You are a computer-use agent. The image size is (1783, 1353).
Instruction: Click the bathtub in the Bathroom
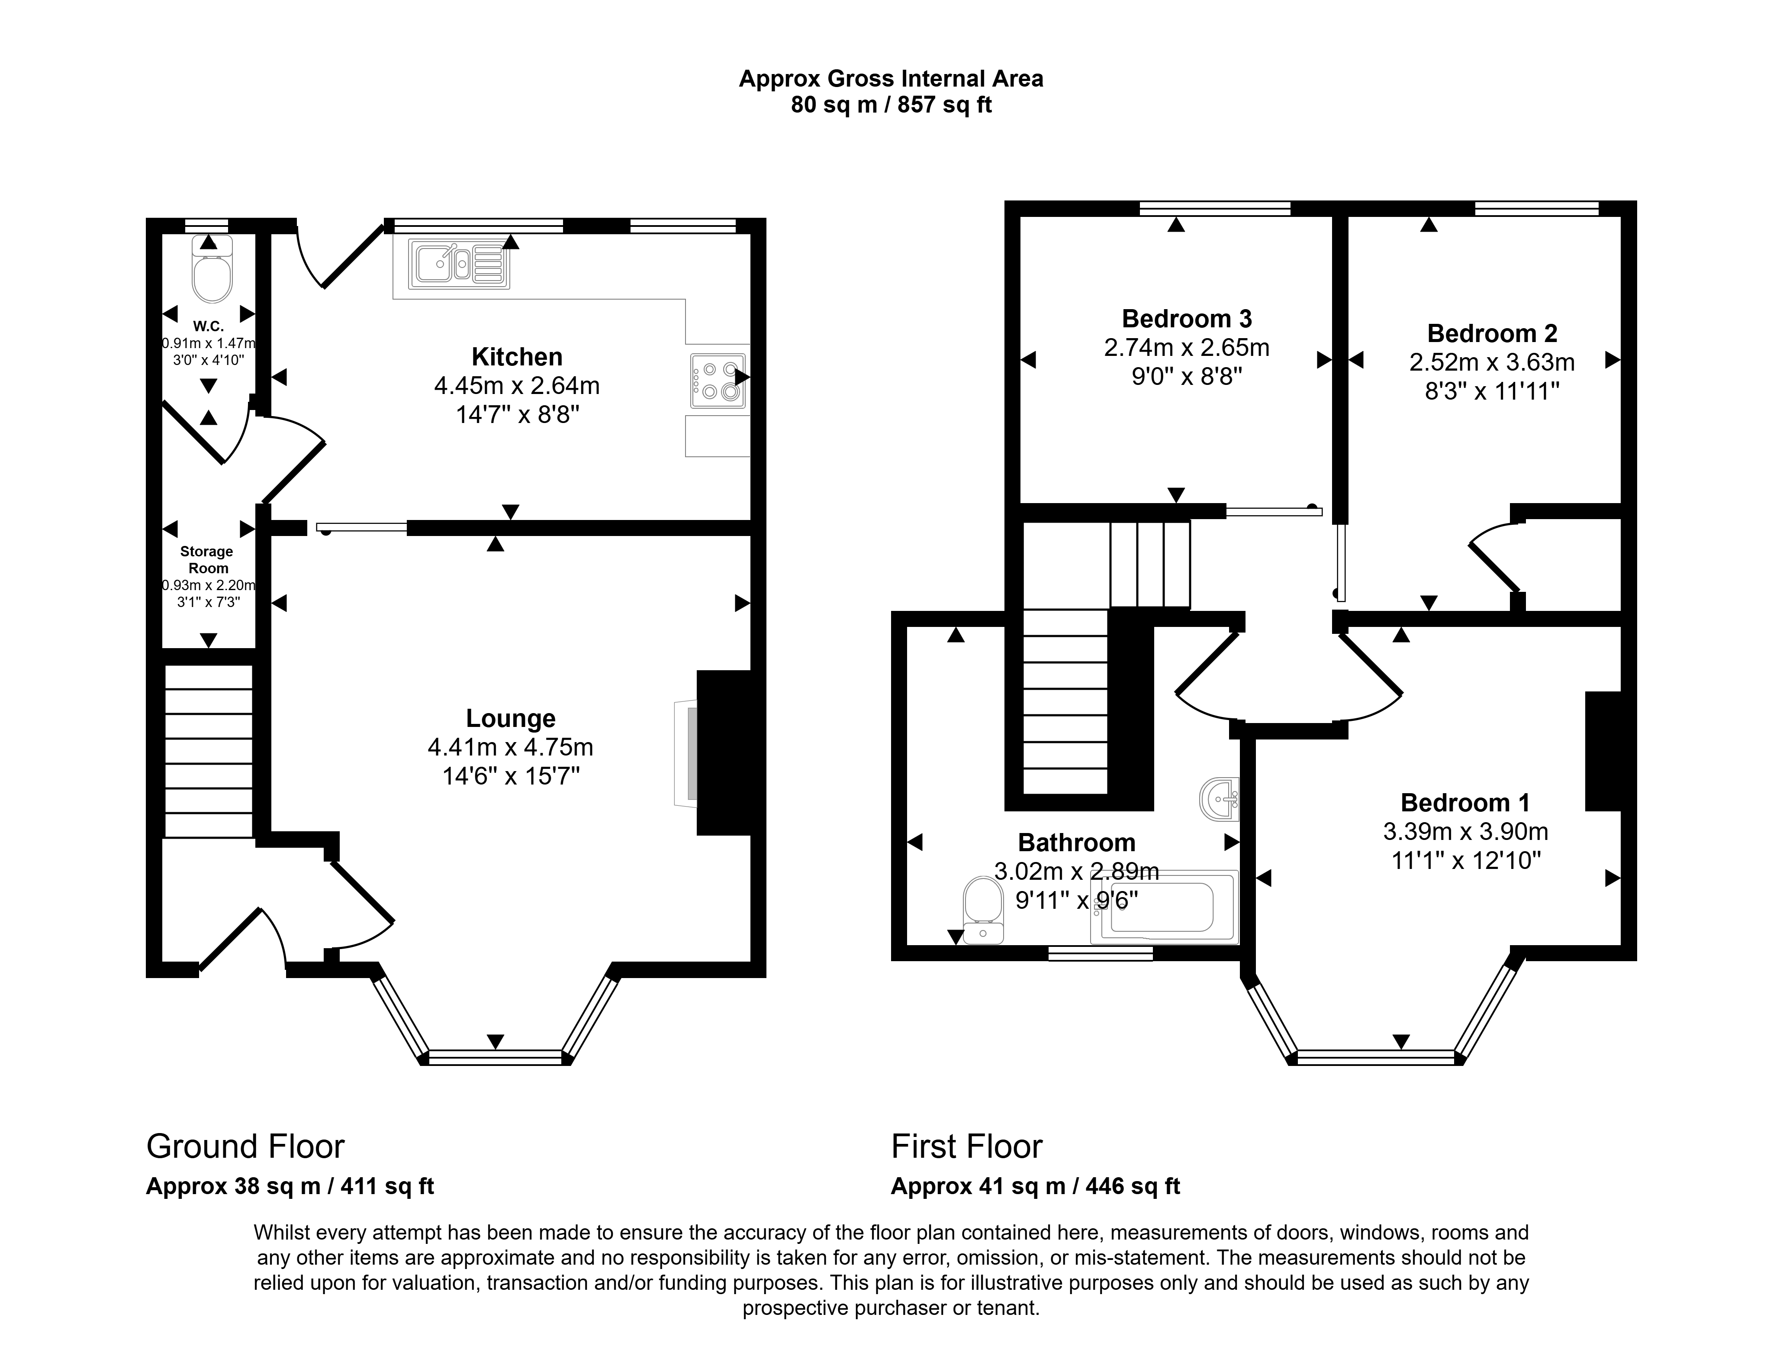pyautogui.click(x=1163, y=907)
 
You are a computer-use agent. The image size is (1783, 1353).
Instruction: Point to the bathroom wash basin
pyautogui.click(x=1219, y=799)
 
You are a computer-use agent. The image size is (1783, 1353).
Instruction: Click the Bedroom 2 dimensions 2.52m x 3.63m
pyautogui.click(x=1492, y=362)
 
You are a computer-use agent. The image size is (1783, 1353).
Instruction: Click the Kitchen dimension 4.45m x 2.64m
pyautogui.click(x=518, y=385)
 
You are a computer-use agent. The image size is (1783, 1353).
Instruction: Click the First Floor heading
pyautogui.click(x=966, y=1146)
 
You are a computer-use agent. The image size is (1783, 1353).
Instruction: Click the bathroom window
pyautogui.click(x=1100, y=953)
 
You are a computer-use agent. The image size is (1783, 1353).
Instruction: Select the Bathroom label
pyautogui.click(x=1077, y=843)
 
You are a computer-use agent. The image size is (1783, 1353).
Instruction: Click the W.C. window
pyautogui.click(x=206, y=226)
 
